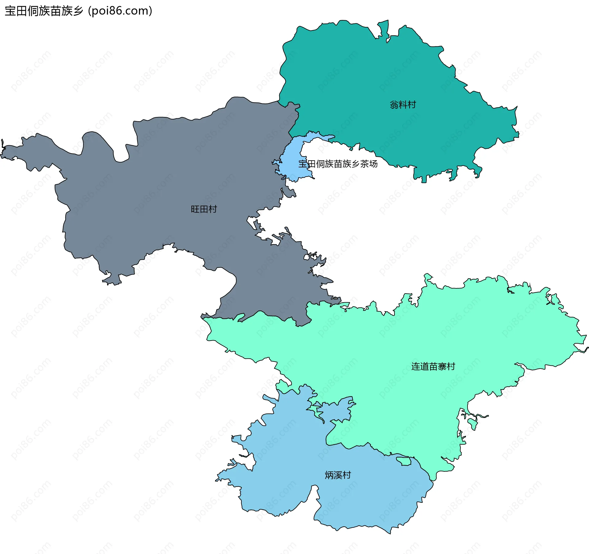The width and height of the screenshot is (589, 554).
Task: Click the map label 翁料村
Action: point(403,105)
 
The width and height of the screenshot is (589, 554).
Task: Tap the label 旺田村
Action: point(204,209)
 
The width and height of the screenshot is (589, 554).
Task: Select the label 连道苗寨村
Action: point(433,366)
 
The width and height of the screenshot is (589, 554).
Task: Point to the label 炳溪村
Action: point(338,475)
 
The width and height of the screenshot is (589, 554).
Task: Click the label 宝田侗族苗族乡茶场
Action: point(338,164)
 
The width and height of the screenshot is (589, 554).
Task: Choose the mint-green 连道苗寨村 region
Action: point(399,338)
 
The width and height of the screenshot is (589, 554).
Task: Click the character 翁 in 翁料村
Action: point(394,105)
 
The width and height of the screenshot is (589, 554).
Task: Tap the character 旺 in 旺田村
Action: point(195,209)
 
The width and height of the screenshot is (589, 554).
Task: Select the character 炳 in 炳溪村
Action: point(329,475)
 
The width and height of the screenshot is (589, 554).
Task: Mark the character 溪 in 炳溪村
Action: point(338,475)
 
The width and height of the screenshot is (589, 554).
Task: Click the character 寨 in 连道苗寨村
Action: point(442,366)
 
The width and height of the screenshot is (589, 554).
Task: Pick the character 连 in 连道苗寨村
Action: point(416,366)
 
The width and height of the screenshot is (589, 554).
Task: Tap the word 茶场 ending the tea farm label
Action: point(369,164)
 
